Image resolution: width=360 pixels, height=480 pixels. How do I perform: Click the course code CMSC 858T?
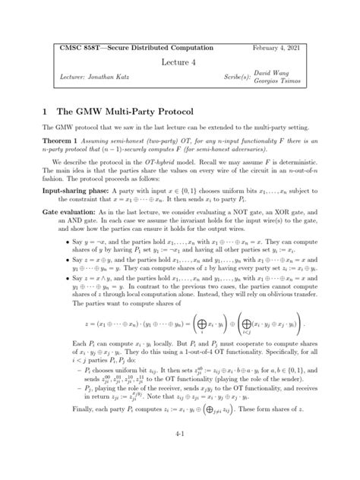tap(82, 47)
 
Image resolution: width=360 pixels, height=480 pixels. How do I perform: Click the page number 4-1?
tap(179, 454)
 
